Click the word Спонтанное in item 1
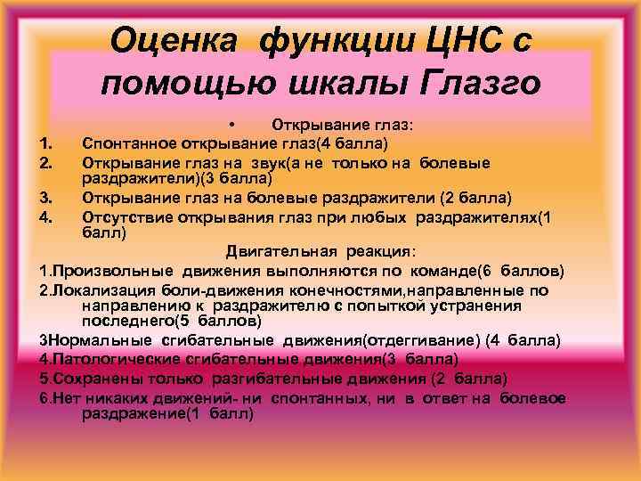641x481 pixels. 126,143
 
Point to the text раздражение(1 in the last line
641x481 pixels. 139,413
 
